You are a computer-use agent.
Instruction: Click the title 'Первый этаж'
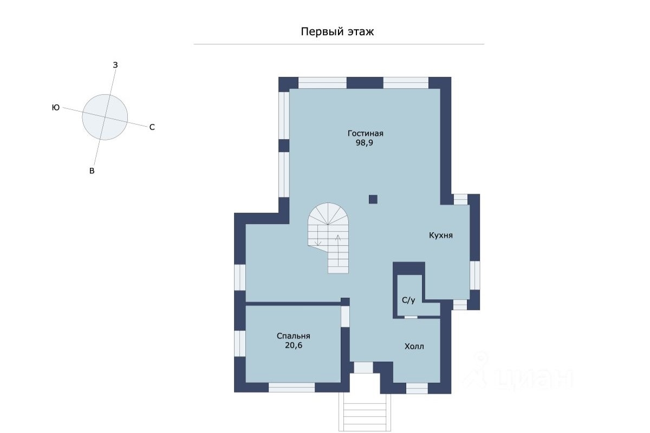click(x=337, y=31)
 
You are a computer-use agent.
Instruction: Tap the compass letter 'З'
click(x=115, y=65)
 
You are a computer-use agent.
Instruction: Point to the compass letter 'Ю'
click(x=56, y=108)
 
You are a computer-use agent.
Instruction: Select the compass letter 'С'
click(x=152, y=127)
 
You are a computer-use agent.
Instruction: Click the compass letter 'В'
click(x=92, y=171)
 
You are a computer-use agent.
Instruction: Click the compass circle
click(x=105, y=117)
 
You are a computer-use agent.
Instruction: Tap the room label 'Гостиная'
click(x=365, y=133)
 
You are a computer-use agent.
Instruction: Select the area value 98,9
click(x=364, y=143)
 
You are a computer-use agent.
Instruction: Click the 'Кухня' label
click(x=441, y=235)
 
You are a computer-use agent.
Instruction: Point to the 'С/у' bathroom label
click(x=408, y=300)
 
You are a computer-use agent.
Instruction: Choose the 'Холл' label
click(x=414, y=346)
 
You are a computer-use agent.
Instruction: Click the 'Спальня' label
click(x=294, y=336)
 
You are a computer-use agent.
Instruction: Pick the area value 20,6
click(x=294, y=345)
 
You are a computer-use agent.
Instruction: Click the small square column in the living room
click(x=373, y=199)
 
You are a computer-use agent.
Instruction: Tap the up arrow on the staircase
click(x=338, y=250)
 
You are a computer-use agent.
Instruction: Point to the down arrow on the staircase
click(x=318, y=235)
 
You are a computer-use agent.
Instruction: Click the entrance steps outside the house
click(x=365, y=412)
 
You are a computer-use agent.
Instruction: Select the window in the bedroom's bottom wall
click(x=291, y=388)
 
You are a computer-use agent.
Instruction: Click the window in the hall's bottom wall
click(x=417, y=388)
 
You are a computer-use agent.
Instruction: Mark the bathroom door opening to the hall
click(x=411, y=317)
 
